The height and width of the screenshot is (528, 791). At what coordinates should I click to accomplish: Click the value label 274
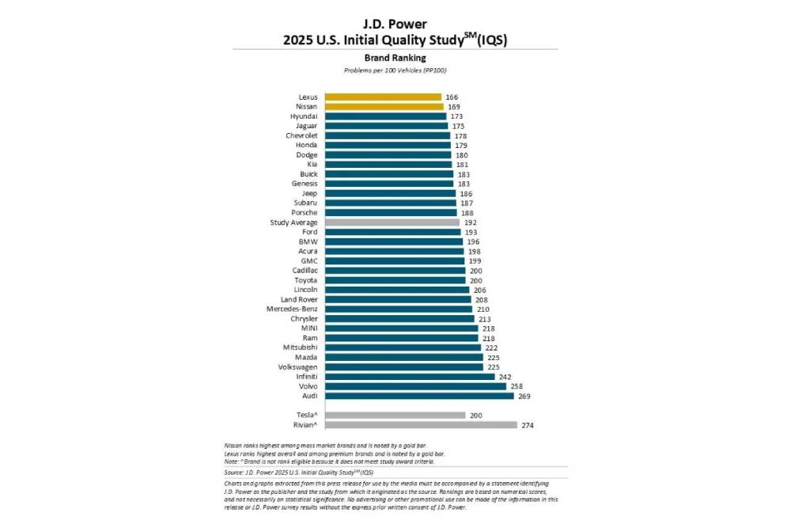point(528,424)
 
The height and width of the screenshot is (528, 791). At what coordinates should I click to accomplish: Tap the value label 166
point(452,97)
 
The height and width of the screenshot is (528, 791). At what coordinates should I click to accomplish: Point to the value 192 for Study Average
point(470,222)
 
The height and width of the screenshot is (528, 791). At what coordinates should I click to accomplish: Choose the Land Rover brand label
point(299,299)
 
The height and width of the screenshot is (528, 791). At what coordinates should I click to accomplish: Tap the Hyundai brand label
point(305,116)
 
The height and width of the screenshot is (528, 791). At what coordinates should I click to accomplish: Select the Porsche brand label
point(305,212)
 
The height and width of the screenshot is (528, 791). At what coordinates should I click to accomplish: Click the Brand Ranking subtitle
point(395,58)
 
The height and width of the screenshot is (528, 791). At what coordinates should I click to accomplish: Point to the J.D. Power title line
point(395,24)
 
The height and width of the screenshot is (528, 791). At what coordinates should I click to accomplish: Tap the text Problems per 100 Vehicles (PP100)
point(395,70)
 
